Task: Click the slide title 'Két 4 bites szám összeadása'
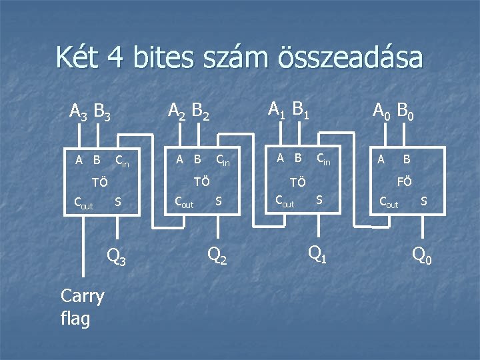239,58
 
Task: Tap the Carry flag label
81,307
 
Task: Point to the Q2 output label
217,254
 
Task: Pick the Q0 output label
421,254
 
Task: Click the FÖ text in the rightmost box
404,180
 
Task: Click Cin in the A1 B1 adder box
323,159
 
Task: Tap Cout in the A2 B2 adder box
183,203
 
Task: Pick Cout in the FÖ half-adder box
388,203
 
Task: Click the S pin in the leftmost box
117,201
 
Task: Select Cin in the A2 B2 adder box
222,160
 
